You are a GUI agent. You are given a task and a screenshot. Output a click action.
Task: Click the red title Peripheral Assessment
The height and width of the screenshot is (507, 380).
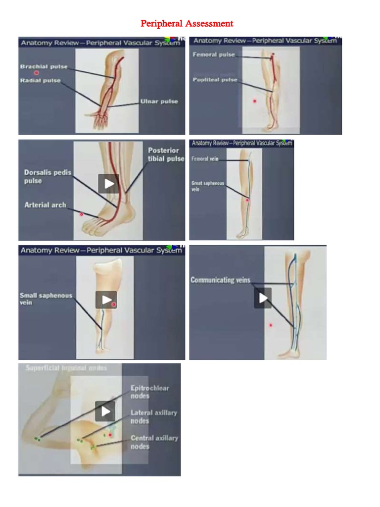[187, 23]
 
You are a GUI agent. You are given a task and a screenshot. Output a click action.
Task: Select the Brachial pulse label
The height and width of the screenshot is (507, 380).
[44, 67]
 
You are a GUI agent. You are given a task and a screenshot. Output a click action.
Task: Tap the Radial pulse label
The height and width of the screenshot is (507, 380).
[41, 80]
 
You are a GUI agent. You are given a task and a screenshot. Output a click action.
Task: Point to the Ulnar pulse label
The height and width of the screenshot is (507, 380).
[159, 101]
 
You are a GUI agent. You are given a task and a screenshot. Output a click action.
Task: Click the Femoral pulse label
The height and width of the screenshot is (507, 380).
[214, 54]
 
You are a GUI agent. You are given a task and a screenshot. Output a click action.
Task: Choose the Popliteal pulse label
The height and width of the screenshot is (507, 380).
[215, 80]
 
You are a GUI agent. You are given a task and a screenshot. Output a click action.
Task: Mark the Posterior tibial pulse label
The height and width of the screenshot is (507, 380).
[166, 154]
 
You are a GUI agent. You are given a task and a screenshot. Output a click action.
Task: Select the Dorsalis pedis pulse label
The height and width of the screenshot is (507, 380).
[47, 177]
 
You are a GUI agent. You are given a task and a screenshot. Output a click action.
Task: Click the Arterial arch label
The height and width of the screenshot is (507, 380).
[45, 204]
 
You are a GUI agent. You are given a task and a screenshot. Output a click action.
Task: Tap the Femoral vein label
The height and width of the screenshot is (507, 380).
[205, 159]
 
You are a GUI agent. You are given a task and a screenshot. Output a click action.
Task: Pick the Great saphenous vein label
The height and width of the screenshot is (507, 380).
[207, 186]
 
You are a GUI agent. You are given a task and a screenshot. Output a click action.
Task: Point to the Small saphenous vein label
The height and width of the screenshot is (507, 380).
[46, 299]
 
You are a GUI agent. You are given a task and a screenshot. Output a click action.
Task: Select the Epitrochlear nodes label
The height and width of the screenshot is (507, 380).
[149, 392]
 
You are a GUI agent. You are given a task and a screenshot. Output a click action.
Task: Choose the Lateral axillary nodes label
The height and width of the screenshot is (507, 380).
[153, 416]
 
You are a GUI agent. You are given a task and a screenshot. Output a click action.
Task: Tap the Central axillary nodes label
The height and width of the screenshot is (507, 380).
[154, 442]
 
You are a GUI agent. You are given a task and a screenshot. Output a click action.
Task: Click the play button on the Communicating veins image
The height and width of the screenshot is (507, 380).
[263, 298]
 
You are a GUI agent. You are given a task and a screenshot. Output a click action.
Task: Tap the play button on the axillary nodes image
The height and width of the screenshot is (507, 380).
[105, 411]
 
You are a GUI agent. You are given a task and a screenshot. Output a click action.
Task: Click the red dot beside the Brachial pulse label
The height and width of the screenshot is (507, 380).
[36, 73]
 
